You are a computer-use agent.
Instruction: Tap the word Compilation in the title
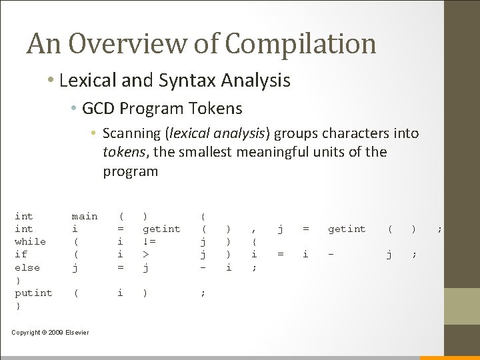302,45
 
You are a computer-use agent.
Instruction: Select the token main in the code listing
85,216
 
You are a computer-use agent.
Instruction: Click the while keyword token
30,241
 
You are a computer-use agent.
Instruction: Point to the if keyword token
21,254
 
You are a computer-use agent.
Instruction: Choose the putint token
33,293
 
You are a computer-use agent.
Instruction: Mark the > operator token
146,254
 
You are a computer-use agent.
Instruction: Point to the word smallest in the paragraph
199,152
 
